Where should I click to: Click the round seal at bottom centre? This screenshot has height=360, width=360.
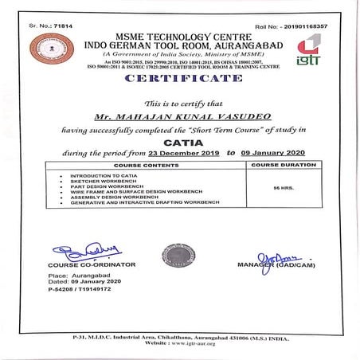tap(177, 255)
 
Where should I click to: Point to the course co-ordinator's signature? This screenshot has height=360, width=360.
tap(80, 252)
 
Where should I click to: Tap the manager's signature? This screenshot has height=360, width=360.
tap(276, 256)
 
